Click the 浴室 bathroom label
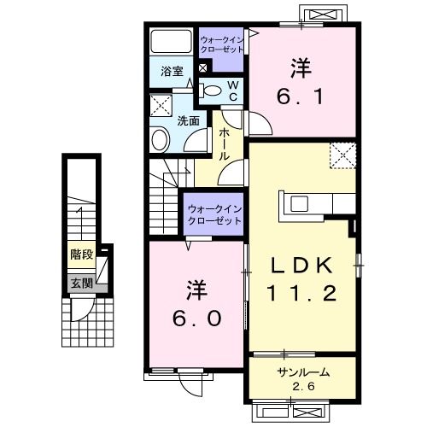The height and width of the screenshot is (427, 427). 171,73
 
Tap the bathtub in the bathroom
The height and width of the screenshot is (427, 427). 172,42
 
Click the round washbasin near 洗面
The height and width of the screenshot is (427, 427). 161,139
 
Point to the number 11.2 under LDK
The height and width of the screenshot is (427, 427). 302,294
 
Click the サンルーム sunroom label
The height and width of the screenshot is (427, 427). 303,373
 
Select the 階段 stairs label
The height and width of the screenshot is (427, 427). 82,254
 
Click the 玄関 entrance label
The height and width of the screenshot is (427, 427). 81,284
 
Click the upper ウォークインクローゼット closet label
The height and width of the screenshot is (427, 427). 222,44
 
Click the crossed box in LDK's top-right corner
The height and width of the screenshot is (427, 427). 343,156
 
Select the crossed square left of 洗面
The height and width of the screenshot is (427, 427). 161,106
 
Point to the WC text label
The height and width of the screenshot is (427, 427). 232,88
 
